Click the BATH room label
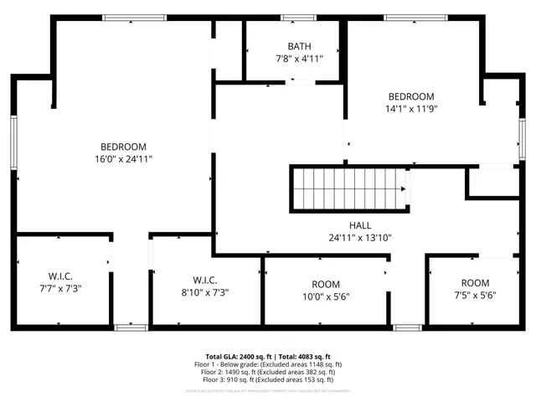[x=299, y=46]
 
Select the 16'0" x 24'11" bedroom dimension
[x=123, y=158]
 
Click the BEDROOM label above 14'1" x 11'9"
[x=411, y=96]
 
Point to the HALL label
[x=360, y=225]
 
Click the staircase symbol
[x=348, y=189]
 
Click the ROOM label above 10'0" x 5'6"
[x=326, y=285]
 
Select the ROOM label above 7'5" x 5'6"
[x=475, y=283]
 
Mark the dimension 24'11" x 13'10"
[x=360, y=237]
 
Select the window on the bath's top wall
[x=299, y=18]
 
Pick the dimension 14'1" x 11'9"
[x=411, y=108]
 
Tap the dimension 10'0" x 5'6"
[x=326, y=296]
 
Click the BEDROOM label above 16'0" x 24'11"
[x=123, y=147]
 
